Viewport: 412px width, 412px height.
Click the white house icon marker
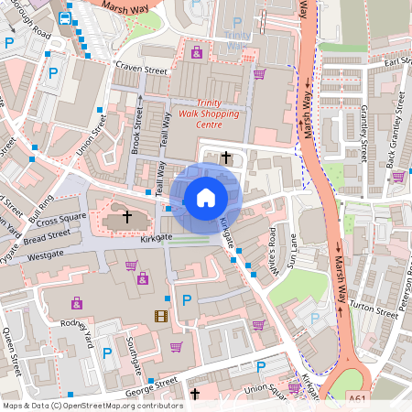206,197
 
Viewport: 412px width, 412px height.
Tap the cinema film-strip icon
162,316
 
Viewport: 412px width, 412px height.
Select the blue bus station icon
65,17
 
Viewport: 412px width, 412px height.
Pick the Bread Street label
46,236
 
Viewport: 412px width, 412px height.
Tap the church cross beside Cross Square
127,218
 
